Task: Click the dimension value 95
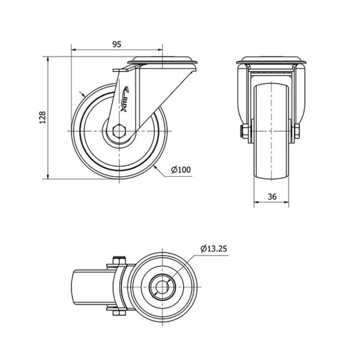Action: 117,44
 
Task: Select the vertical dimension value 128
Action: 43,118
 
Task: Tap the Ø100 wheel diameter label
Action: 181,170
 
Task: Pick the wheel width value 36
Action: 272,197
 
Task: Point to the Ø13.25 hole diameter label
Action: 214,248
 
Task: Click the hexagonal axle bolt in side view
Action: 119,131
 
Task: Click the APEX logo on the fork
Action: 125,99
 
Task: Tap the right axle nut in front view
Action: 296,131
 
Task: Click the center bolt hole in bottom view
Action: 162,287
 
